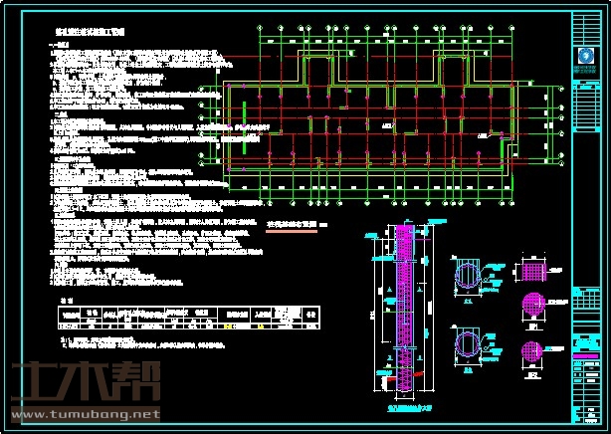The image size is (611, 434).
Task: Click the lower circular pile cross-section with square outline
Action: (470, 344)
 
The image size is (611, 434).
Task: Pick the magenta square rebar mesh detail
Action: (535, 271)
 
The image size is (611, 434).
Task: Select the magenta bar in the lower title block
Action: (588, 355)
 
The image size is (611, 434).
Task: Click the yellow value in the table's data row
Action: (230, 325)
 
